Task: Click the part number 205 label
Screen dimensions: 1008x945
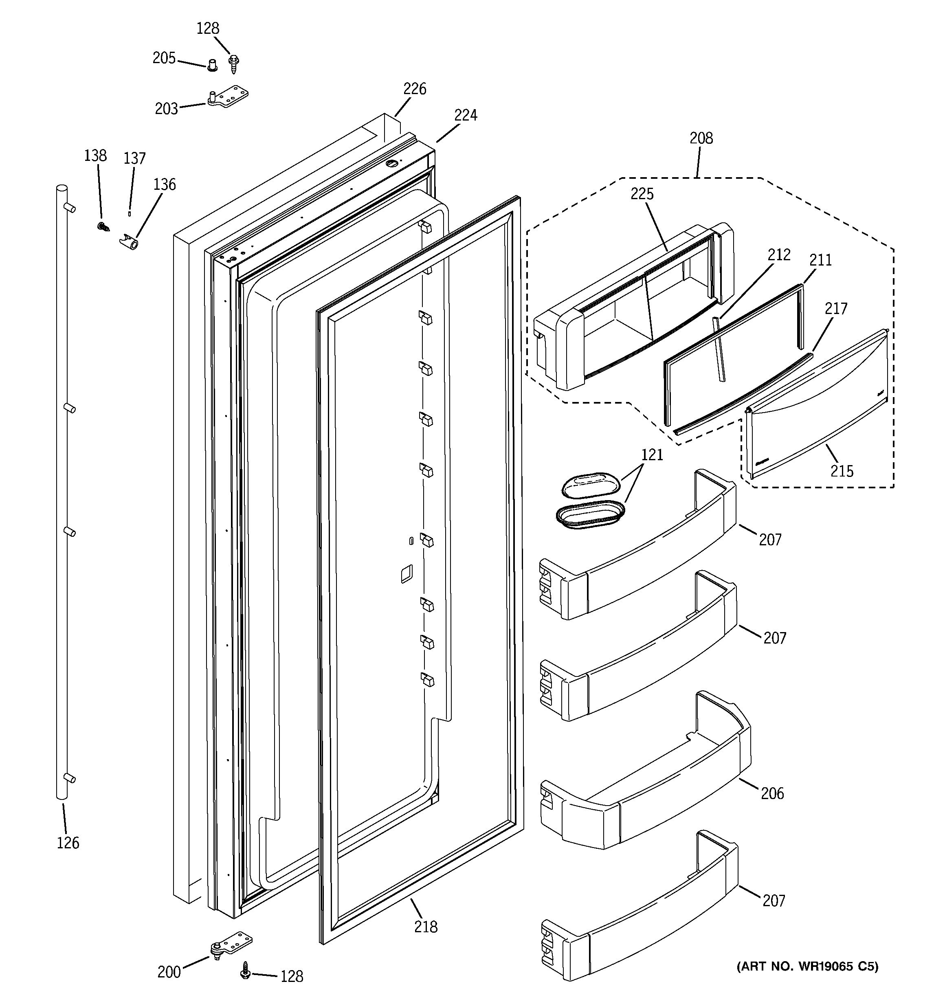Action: pos(164,58)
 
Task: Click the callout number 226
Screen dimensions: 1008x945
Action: pos(414,89)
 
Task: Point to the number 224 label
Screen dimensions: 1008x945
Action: pos(465,116)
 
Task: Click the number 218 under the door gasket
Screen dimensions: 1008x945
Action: pos(425,927)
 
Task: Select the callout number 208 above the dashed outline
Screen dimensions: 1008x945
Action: pos(701,138)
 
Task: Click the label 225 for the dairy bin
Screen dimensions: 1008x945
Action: pos(642,194)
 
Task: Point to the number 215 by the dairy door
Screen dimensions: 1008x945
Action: pos(842,471)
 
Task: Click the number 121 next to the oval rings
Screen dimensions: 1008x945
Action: pos(652,455)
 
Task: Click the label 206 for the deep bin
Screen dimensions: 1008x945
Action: pos(772,793)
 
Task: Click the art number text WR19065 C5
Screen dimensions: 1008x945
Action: pos(807,966)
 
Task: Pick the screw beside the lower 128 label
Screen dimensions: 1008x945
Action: pos(246,969)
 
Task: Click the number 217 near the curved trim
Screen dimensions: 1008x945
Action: pos(835,308)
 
